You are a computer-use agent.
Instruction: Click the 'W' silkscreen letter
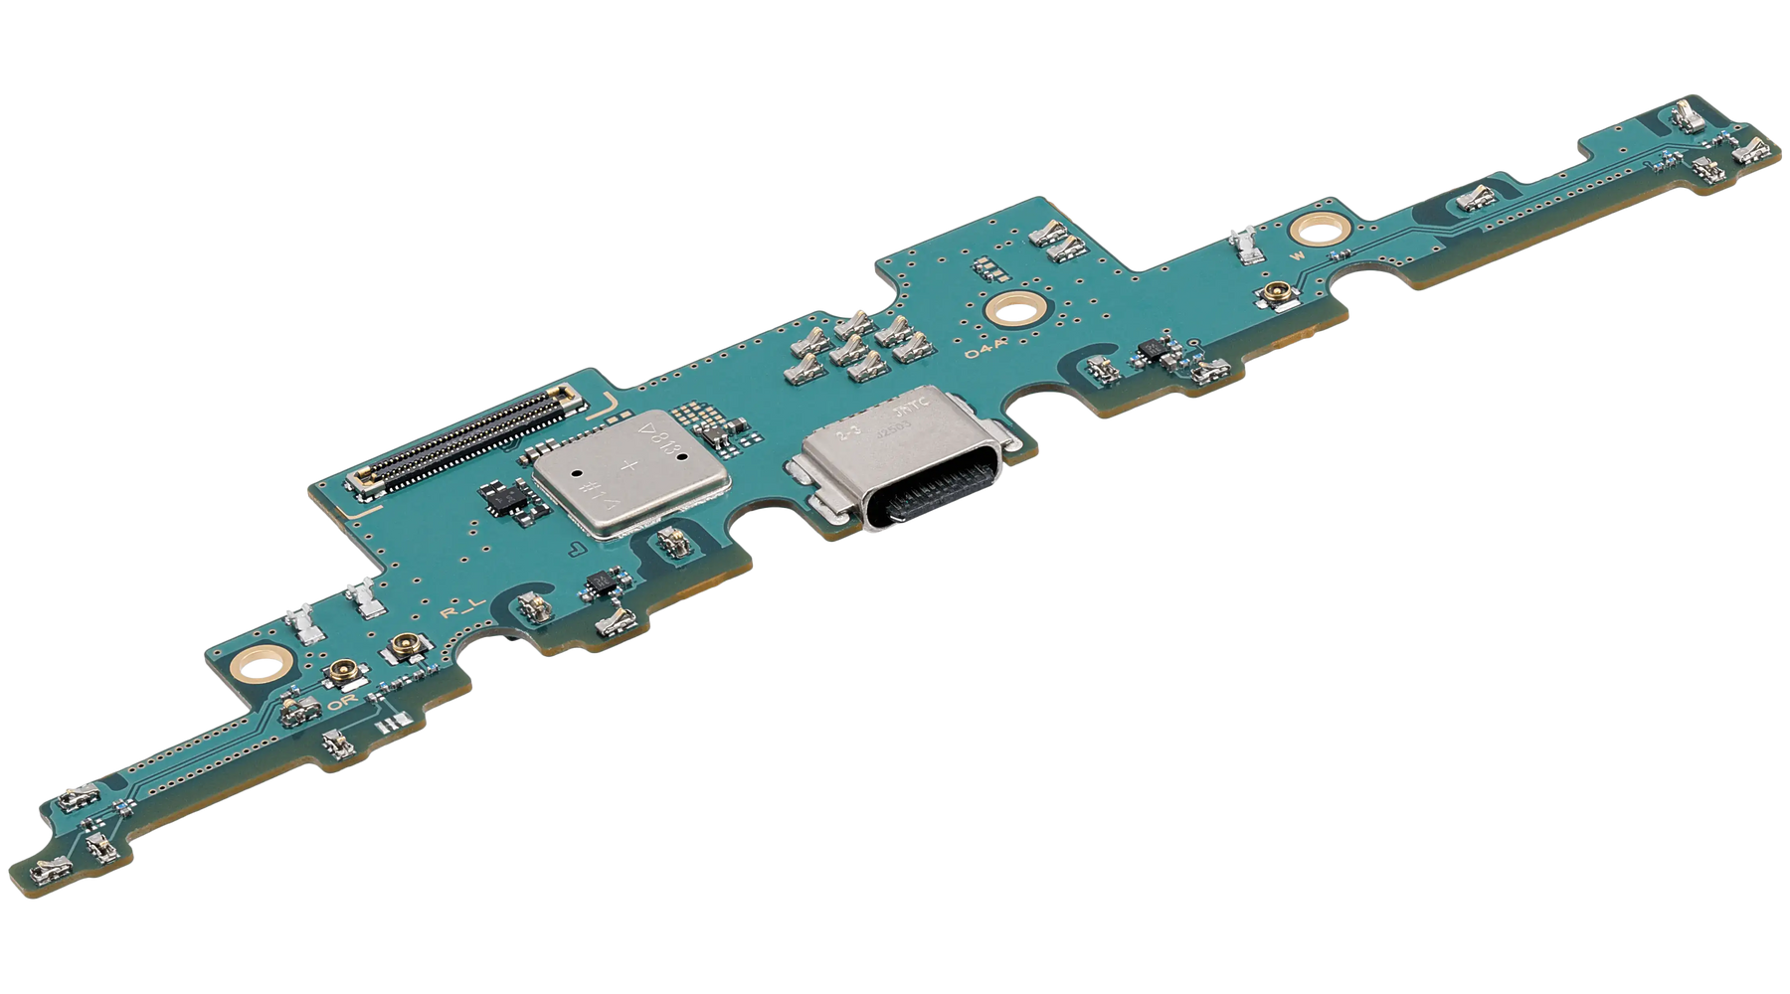[1296, 253]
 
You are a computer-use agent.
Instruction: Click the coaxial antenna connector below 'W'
[1272, 293]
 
